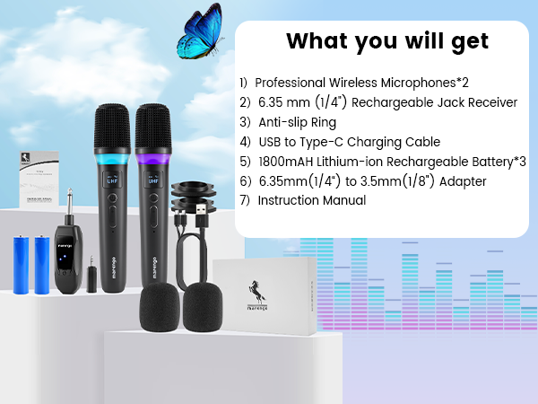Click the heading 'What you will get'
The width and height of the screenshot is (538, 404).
[386, 41]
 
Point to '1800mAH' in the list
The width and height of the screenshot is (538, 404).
[290, 162]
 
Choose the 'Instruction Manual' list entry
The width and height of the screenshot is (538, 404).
[311, 200]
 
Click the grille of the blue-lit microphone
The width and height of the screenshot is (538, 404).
[112, 127]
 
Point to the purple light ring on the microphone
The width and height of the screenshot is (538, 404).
[152, 159]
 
